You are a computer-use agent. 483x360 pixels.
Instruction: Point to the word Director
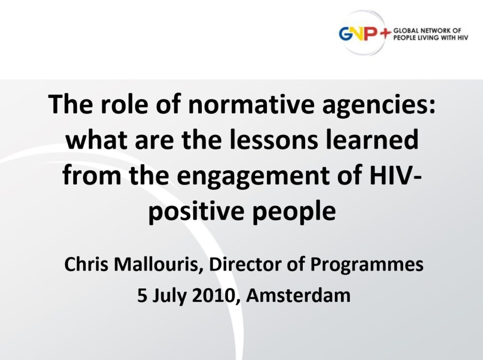[x=245, y=264]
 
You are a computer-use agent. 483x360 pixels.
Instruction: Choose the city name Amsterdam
[x=298, y=295]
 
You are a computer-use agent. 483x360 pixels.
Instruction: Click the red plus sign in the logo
[x=385, y=33]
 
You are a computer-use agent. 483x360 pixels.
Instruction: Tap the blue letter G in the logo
[x=346, y=34]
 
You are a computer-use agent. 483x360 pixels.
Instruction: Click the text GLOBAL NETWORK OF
[x=427, y=31]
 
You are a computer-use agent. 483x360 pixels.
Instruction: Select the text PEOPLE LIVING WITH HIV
[x=431, y=38]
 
